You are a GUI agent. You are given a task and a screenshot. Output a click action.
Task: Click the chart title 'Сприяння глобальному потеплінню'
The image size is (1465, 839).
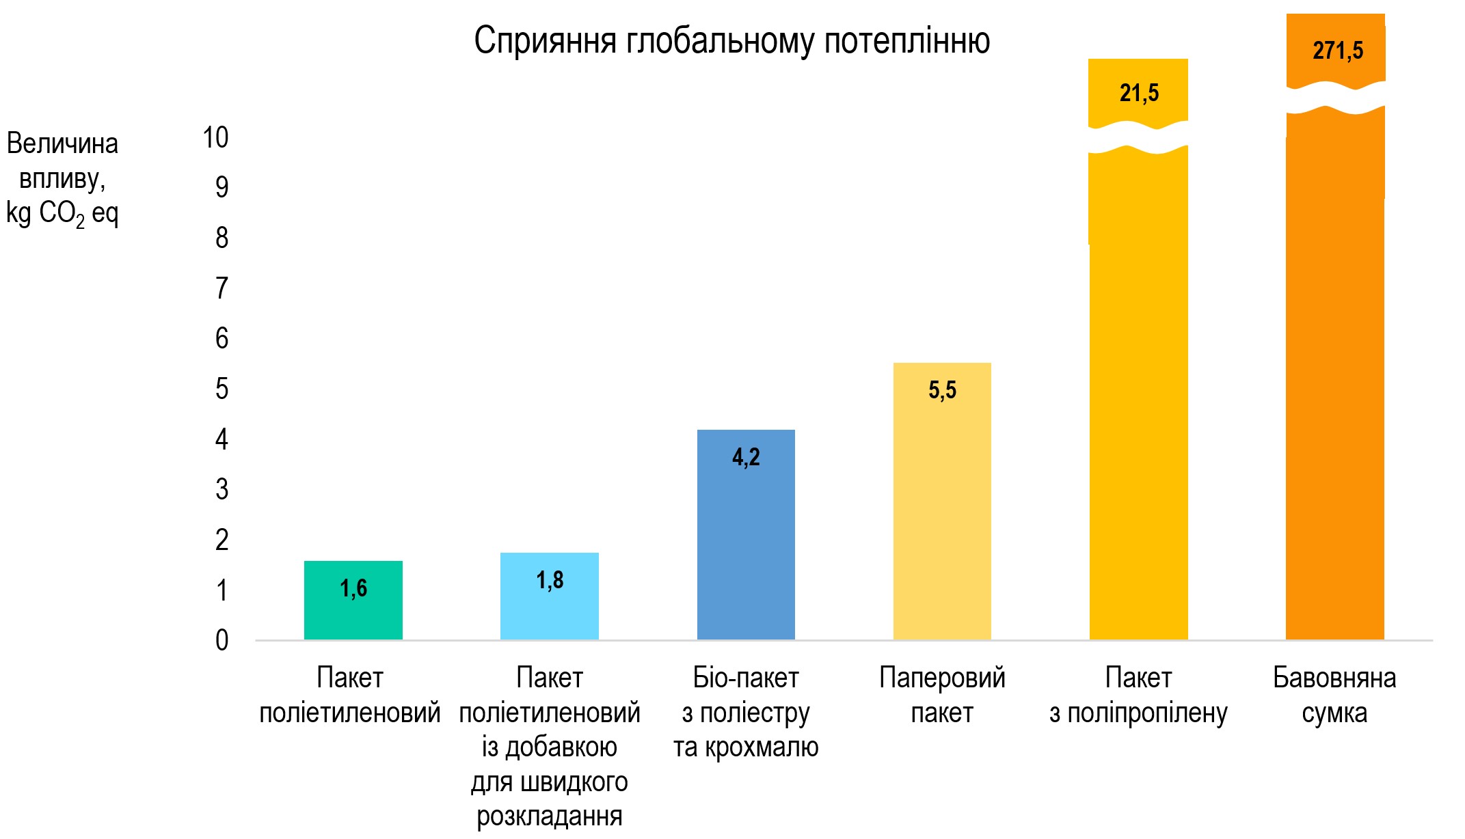731,41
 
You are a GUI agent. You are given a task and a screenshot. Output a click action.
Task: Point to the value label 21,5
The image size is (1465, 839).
1139,93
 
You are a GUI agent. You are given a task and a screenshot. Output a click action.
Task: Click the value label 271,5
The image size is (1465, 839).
1337,51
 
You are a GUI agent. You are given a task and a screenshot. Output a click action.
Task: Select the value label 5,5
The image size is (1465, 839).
942,390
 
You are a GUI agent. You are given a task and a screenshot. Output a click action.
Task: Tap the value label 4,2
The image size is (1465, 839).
746,457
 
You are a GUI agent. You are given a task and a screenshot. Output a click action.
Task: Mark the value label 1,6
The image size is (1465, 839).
353,588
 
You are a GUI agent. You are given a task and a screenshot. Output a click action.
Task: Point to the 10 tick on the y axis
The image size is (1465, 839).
215,138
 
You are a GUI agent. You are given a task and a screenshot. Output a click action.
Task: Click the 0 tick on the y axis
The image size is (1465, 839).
221,641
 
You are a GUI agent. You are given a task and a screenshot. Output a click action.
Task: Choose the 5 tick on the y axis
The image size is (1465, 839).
221,389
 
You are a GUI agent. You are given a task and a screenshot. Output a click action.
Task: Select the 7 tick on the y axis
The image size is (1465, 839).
221,288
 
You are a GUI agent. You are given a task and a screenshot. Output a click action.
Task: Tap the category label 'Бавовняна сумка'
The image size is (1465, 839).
1334,696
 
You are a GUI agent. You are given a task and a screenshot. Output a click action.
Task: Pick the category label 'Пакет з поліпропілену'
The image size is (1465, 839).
1138,696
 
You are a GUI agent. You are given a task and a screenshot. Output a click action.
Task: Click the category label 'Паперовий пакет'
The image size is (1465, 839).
941,696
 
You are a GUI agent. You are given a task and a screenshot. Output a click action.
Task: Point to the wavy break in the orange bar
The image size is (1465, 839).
1336,97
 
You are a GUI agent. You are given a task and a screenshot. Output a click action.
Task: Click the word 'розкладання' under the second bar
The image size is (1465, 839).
549,816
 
